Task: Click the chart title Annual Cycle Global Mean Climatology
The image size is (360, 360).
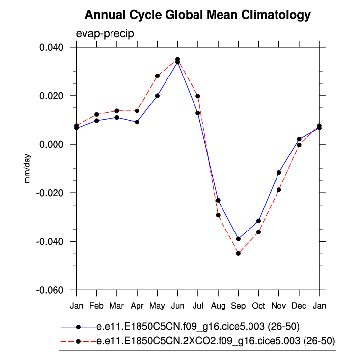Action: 197,15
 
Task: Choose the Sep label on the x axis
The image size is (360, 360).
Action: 238,305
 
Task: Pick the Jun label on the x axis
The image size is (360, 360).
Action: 177,305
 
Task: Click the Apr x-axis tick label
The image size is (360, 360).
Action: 137,305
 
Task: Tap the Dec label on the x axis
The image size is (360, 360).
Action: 299,305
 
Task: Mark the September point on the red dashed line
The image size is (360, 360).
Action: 238,253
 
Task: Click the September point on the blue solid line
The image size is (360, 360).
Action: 238,239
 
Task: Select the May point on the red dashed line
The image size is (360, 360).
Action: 157,76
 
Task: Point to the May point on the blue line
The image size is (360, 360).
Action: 157,96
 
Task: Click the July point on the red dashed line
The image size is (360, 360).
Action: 197,96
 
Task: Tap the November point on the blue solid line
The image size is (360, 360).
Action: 278,173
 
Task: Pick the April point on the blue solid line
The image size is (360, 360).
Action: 137,122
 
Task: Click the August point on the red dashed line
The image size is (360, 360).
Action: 218,215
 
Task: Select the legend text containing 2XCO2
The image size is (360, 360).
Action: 216,342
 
